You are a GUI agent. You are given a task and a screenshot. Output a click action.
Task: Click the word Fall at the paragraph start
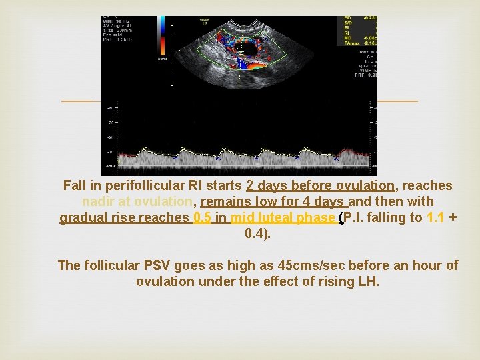pyautogui.click(x=75, y=186)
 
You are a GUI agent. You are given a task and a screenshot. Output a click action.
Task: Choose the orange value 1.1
pyautogui.click(x=435, y=218)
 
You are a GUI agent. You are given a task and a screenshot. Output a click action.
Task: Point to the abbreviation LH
pyautogui.click(x=368, y=282)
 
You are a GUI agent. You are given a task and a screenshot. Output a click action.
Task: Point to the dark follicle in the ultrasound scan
pyautogui.click(x=252, y=48)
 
